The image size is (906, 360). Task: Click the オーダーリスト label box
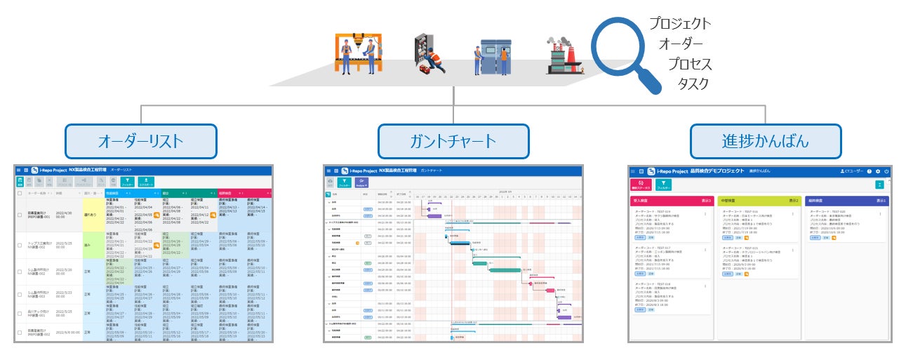(x=140, y=142)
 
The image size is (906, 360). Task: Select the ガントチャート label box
(x=453, y=142)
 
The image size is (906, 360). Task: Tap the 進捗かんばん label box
(x=766, y=142)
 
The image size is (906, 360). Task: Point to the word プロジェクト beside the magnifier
(x=679, y=24)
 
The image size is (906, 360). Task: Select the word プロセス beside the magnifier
(x=689, y=65)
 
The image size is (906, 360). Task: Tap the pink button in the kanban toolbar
(x=640, y=185)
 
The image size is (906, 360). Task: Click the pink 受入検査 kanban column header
(x=672, y=201)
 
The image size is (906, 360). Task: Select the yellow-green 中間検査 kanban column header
(x=759, y=201)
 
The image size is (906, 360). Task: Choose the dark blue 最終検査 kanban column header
(x=846, y=201)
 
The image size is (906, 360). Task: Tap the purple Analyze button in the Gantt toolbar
(x=361, y=182)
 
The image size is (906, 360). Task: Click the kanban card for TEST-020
(x=846, y=225)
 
